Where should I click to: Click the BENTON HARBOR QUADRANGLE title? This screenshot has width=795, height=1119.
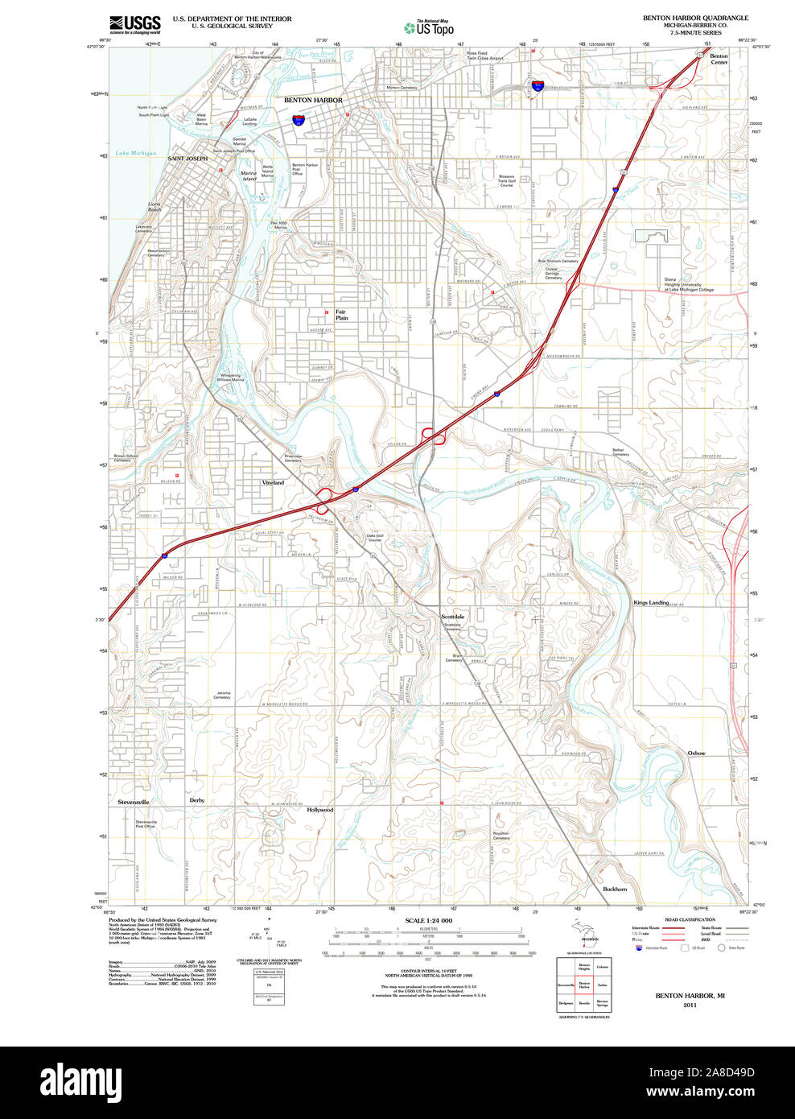click(x=694, y=18)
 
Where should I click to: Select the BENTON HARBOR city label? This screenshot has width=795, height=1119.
click(x=313, y=101)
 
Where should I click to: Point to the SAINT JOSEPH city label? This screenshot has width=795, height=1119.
click(x=187, y=159)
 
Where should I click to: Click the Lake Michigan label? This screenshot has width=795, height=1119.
click(x=135, y=153)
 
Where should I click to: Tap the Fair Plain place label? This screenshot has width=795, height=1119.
click(x=342, y=315)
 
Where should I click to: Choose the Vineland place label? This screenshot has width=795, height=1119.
click(x=273, y=483)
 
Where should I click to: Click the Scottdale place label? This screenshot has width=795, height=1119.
click(x=452, y=617)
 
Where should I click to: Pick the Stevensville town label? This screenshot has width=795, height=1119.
click(x=134, y=803)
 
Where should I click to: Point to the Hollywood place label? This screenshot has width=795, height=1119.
click(x=319, y=810)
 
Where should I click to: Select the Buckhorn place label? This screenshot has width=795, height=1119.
click(x=615, y=889)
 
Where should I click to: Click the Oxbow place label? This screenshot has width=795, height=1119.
click(x=696, y=754)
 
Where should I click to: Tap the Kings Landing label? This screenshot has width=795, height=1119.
click(x=651, y=603)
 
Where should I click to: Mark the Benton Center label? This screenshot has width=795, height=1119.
click(x=719, y=60)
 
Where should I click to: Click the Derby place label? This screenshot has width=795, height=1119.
click(x=197, y=800)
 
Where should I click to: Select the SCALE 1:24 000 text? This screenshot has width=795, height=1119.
click(x=428, y=920)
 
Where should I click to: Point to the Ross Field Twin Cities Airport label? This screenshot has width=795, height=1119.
click(x=485, y=56)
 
